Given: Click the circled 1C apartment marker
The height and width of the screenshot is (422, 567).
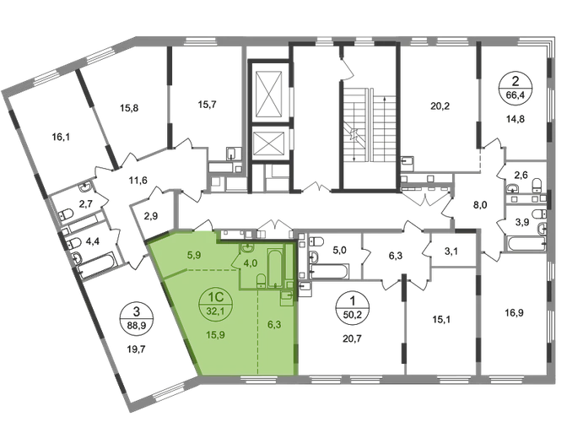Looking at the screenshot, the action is [215, 303].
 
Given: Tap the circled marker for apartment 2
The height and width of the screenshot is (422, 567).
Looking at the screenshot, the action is [516, 89].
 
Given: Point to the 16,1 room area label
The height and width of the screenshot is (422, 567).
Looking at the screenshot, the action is [61, 137].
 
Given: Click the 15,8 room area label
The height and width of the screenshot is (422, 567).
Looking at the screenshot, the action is [129, 108].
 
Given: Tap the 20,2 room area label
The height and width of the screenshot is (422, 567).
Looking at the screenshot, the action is [440, 106].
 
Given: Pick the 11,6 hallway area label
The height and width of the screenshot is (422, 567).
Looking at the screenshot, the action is [138, 180].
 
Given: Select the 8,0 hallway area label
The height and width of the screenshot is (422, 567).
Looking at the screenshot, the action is [480, 205].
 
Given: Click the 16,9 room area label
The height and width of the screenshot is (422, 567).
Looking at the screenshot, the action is [514, 312].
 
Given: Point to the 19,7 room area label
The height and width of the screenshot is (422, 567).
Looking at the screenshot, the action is [137, 349].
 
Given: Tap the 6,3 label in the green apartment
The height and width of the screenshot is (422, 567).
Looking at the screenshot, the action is [274, 325].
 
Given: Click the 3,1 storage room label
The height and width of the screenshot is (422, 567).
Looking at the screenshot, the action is [451, 251].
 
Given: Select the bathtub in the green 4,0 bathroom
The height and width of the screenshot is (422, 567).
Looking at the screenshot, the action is [275, 268].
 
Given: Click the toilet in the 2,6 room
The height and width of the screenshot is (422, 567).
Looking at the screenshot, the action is [537, 185].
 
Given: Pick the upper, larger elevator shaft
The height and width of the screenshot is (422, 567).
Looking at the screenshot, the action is [268, 94].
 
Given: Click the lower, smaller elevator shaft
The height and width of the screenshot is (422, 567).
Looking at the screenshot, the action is [268, 144].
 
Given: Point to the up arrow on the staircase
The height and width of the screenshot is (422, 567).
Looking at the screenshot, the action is [384, 129].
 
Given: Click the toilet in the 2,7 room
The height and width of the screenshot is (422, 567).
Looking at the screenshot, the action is [66, 214].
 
